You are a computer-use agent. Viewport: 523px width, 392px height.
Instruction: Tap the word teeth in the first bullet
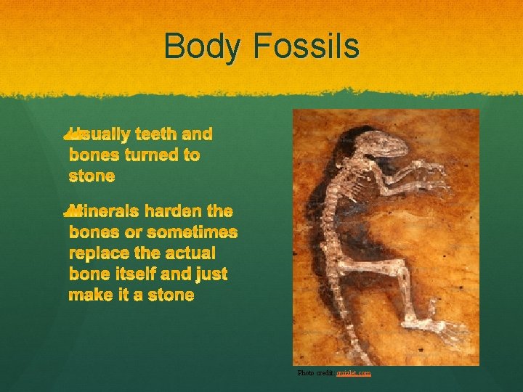click(x=157, y=134)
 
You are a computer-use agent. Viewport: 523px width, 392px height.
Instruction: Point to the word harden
click(x=174, y=212)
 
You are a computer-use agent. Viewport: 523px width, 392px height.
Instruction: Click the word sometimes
click(x=192, y=232)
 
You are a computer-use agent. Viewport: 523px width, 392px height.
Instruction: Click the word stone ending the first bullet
click(x=92, y=176)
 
